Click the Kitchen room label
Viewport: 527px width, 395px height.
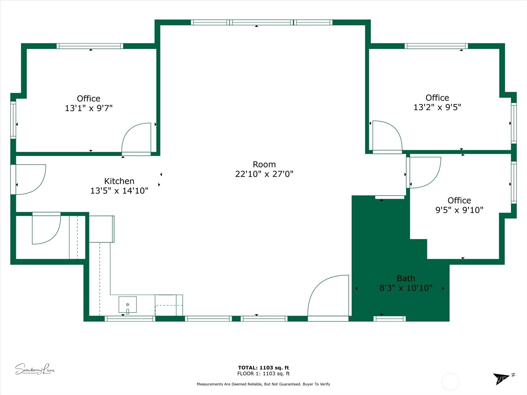[x=119, y=181]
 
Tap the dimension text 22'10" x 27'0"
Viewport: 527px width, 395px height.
[x=264, y=174]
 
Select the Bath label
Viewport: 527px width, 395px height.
[x=406, y=278]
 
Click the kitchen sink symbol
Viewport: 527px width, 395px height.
[x=127, y=304]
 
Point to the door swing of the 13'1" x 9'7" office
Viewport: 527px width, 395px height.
[x=136, y=138]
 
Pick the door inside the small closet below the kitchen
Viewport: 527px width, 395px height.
[x=46, y=228]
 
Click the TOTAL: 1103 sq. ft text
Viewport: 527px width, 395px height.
[x=263, y=368]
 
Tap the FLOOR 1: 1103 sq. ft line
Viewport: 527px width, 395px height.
[x=263, y=374]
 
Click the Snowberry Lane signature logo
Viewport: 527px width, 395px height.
[x=35, y=369]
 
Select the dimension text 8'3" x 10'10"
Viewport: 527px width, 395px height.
[x=406, y=288]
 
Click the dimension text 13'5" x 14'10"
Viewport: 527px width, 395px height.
[x=119, y=191]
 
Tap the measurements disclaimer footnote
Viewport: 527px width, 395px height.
[x=263, y=384]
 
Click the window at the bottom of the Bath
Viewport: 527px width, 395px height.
[x=390, y=318]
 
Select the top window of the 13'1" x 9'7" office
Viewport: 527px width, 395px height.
[x=90, y=46]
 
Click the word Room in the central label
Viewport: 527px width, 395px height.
[x=264, y=164]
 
